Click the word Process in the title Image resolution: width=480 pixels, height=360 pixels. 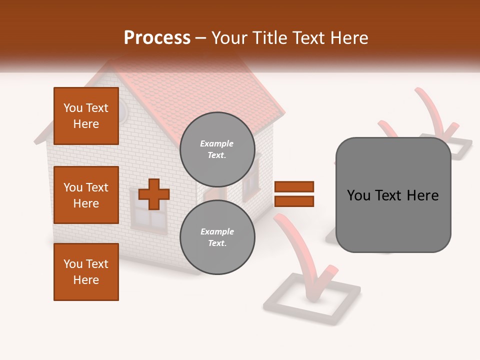tap(157, 38)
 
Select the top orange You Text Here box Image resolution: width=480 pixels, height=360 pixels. tap(86, 116)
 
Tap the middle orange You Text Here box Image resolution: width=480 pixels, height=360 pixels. tap(86, 195)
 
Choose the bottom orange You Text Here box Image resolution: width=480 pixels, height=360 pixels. tap(86, 272)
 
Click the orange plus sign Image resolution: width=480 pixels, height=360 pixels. tap(153, 194)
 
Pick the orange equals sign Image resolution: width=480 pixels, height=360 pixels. tap(294, 194)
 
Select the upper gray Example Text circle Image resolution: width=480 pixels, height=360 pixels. tap(217, 149)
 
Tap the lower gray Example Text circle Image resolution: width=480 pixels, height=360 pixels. tap(217, 237)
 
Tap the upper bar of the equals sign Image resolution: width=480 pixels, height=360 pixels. tap(294, 187)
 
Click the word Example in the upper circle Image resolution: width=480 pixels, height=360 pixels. tap(217, 143)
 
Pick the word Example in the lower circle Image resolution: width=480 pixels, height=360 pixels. tap(217, 231)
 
